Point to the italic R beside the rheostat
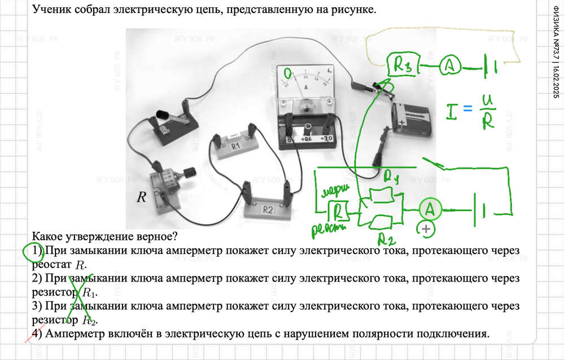[x=142, y=197]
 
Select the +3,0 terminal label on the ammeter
[x=326, y=139]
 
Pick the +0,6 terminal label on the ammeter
[x=307, y=139]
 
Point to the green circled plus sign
[x=425, y=229]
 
